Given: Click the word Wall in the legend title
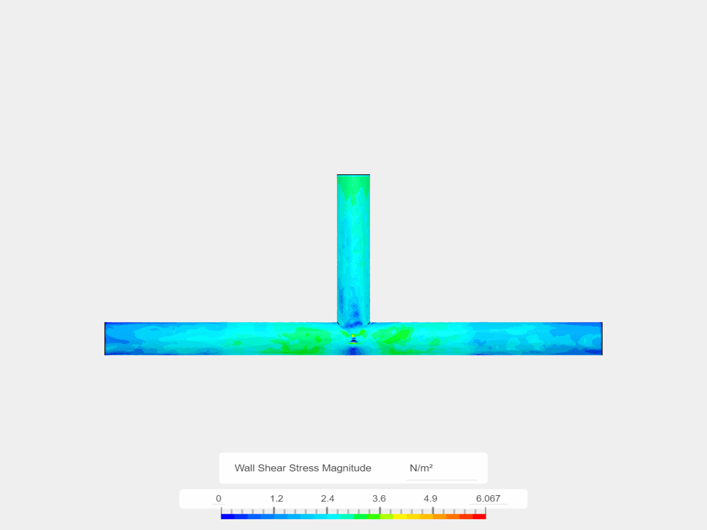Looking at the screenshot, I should click(245, 468).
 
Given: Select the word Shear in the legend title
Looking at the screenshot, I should click(272, 468).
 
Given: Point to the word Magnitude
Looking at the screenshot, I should click(347, 468).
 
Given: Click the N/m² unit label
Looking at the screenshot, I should click(421, 468).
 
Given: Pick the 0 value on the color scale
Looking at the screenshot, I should click(218, 499).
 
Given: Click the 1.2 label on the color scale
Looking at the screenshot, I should click(276, 499).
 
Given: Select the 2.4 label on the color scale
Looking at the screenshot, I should click(327, 499).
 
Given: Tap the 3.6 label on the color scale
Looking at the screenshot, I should click(379, 499).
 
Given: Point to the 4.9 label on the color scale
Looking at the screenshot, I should click(431, 499).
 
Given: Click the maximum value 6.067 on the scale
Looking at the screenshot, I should click(488, 499).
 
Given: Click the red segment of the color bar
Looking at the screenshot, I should click(479, 516).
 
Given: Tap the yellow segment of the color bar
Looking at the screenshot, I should click(400, 516).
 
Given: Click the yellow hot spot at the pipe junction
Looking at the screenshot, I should click(353, 336).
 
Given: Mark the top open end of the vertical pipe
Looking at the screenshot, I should click(353, 175).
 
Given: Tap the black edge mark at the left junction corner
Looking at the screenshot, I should click(338, 323).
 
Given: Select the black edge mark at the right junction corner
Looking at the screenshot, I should click(369, 323).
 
